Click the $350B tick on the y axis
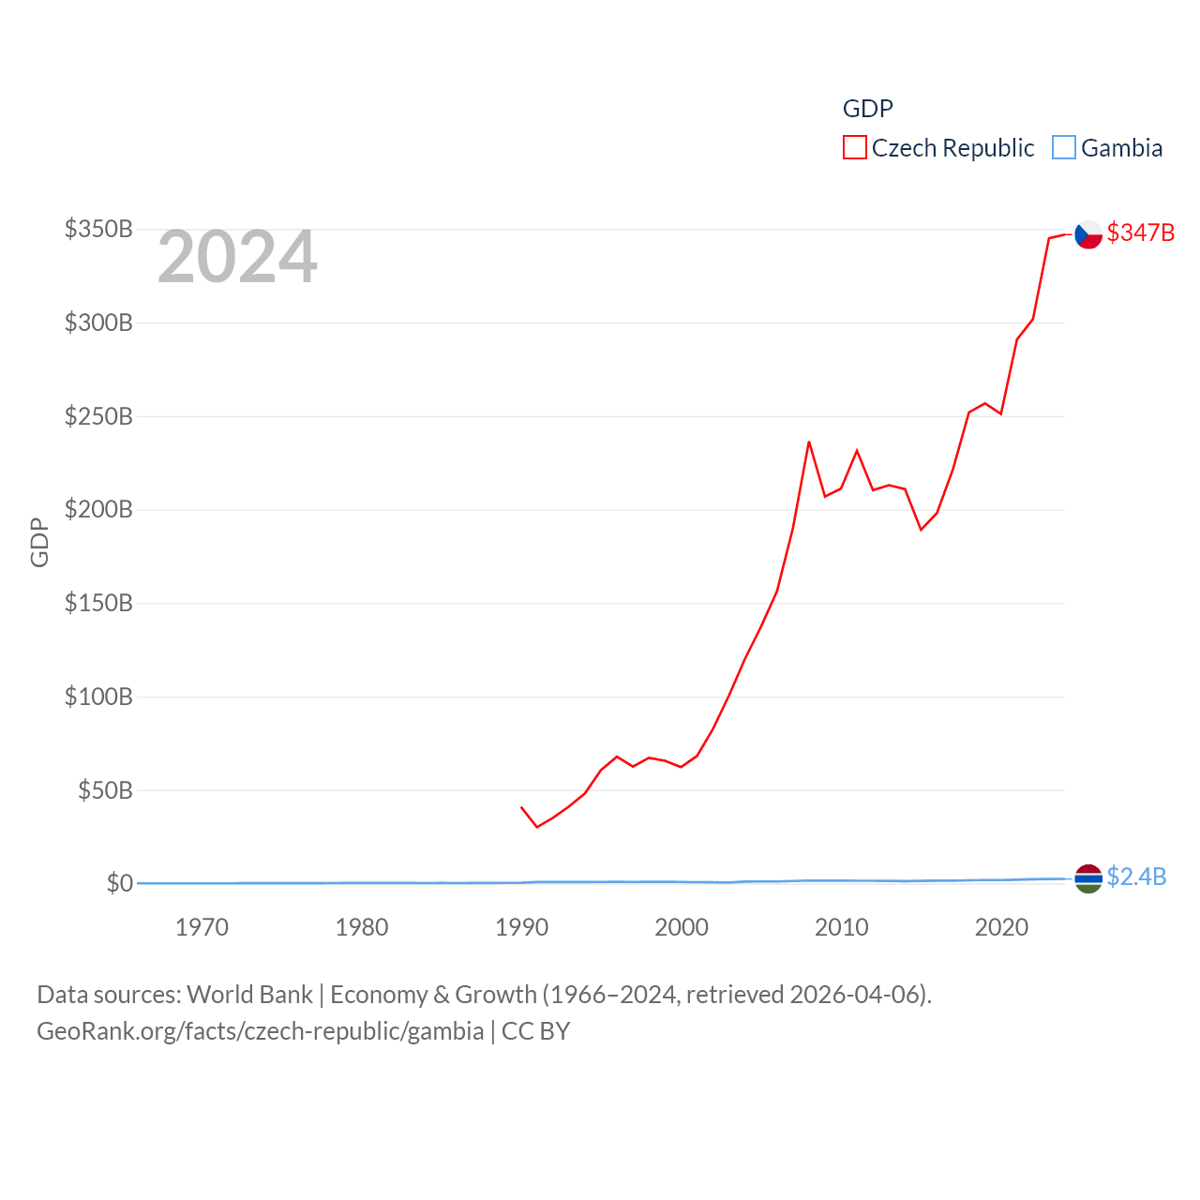point(98,230)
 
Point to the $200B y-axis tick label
point(98,510)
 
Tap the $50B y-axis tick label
point(105,790)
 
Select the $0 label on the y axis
point(120,883)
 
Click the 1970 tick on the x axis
point(202,927)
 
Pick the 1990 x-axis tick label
point(521,927)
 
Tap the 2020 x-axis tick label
point(1001,927)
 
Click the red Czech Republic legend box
point(854,148)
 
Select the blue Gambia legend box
point(1063,148)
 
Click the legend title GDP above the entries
point(867,109)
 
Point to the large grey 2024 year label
point(237,257)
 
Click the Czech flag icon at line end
point(1088,233)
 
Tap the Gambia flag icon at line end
point(1088,878)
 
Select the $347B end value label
point(1140,232)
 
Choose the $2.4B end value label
point(1136,877)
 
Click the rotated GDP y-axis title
point(39,542)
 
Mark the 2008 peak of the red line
point(809,442)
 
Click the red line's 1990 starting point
point(521,806)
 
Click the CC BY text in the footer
point(535,1031)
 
